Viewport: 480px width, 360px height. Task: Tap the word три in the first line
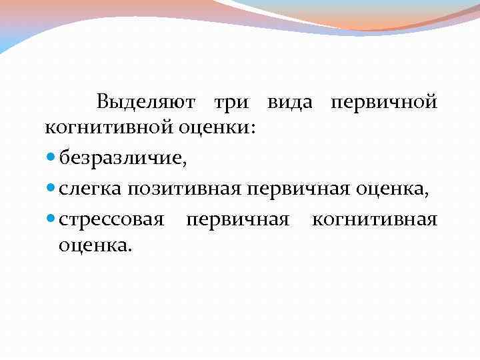(x=231, y=103)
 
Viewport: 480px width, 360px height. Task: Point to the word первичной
(x=384, y=103)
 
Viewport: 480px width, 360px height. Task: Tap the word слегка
(x=90, y=189)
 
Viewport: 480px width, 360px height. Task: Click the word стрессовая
(x=111, y=220)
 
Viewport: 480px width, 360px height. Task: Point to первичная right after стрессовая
(x=238, y=220)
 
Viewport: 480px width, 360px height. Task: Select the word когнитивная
(x=375, y=220)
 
